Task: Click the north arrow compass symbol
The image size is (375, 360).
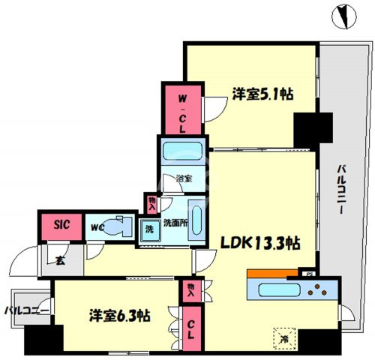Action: pos(344,16)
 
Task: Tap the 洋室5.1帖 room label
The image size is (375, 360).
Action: pos(262,94)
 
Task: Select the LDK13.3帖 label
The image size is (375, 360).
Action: pos(260,243)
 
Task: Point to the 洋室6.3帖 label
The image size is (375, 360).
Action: pos(120,316)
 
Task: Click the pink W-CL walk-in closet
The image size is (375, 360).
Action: pos(182,109)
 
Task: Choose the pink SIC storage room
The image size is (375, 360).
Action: pos(61,226)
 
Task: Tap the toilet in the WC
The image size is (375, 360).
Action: pos(117,226)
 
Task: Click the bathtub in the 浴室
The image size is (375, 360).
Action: pos(182,151)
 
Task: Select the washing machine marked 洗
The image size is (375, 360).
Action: pos(150,230)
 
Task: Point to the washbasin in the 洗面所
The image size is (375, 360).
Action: pos(196,220)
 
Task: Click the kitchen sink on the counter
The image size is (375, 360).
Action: pos(279,290)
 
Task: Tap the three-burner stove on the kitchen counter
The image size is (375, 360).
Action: pos(317,289)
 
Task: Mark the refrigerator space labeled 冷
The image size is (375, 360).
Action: pos(284,338)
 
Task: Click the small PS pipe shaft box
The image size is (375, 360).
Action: pos(307,273)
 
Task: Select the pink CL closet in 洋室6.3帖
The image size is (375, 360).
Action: pos(191,328)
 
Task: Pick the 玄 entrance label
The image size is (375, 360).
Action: pos(60,261)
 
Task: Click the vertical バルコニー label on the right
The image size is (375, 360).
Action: pos(341,190)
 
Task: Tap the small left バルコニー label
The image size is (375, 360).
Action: pos(27,311)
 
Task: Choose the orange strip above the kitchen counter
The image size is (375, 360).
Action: pos(272,273)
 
